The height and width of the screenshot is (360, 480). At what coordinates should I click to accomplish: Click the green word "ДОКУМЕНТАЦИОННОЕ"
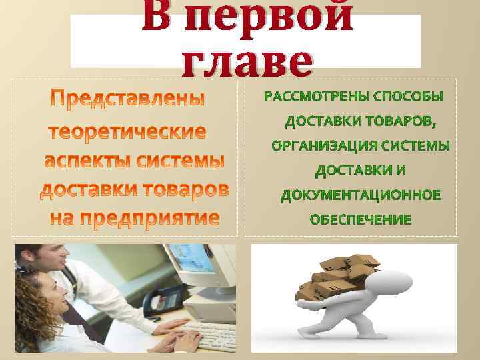point(361,195)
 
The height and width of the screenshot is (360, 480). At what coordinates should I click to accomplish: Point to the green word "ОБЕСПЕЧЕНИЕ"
point(361,219)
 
